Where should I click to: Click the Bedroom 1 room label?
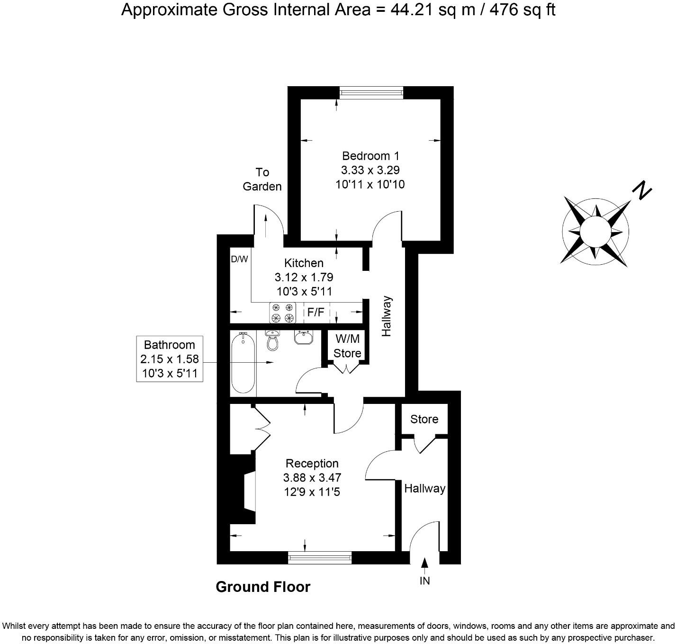[x=370, y=156]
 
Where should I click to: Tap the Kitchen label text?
[x=304, y=263]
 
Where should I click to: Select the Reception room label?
[x=312, y=464]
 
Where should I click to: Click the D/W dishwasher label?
[x=239, y=259]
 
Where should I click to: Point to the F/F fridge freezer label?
[x=316, y=313]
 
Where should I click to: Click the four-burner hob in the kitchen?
[x=282, y=313]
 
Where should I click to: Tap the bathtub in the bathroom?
[x=243, y=363]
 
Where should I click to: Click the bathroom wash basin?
[x=303, y=338]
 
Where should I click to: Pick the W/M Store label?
[x=347, y=346]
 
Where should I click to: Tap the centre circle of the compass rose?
[x=595, y=231]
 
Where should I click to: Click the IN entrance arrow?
[x=424, y=563]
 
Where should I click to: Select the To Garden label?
[x=262, y=179]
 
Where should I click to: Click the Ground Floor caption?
[x=263, y=587]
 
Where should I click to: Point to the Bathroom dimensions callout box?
[x=170, y=359]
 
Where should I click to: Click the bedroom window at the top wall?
[x=371, y=92]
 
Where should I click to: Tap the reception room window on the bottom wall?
[x=320, y=558]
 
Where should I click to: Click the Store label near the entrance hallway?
[x=424, y=419]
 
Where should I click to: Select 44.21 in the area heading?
[x=411, y=10]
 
